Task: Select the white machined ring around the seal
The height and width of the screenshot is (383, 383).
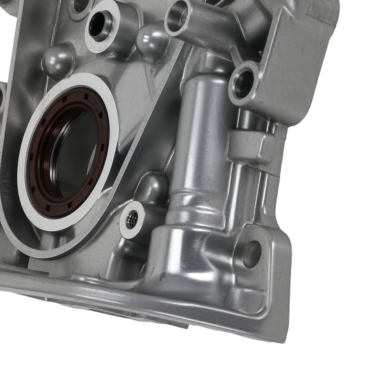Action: [23, 184]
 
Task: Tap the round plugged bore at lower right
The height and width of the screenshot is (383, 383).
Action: [252, 254]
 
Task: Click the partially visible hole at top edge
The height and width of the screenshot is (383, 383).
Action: [80, 5]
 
